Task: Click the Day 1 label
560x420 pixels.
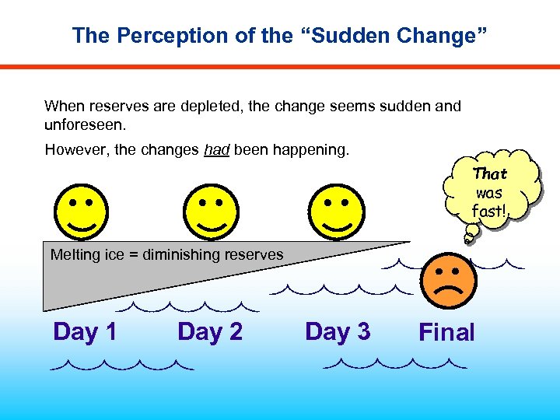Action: pyautogui.click(x=85, y=332)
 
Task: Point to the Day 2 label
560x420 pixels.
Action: pyautogui.click(x=210, y=332)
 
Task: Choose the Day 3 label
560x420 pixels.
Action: pyautogui.click(x=338, y=332)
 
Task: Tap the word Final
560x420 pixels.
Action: pyautogui.click(x=446, y=333)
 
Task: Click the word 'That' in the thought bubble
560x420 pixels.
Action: pyautogui.click(x=490, y=174)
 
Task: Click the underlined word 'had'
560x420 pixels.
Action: pyautogui.click(x=215, y=149)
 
